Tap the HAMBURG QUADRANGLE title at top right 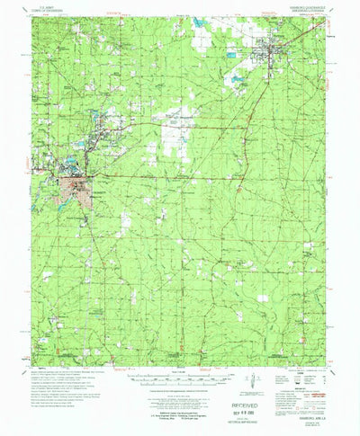pos(305,5)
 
